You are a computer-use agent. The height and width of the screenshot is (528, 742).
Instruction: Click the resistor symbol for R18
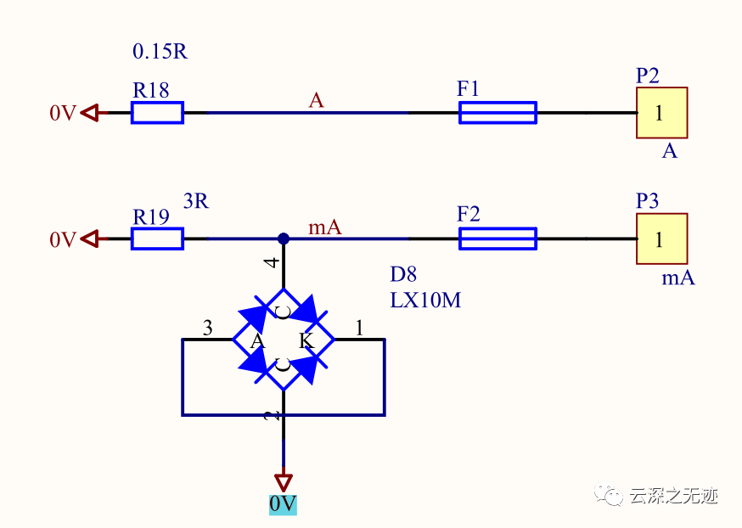(157, 112)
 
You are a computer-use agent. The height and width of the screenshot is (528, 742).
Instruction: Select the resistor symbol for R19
(157, 239)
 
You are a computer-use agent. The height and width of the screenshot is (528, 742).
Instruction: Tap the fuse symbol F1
(497, 112)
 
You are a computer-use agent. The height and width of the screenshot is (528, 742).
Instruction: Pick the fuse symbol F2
(497, 239)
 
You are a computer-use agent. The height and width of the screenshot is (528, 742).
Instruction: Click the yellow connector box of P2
(661, 113)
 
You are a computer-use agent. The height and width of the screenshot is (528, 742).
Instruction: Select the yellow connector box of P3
(661, 239)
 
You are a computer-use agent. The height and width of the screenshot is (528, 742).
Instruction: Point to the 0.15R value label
(160, 52)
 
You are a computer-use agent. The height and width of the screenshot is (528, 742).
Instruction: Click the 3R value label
(196, 202)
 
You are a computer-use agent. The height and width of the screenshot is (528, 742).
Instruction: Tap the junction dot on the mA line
(284, 239)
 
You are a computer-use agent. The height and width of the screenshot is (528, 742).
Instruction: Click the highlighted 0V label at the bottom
(283, 504)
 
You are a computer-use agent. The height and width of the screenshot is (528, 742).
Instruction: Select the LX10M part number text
(425, 300)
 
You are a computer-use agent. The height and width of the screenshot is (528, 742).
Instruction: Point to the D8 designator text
(403, 274)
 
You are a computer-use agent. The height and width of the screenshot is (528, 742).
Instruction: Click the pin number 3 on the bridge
(207, 328)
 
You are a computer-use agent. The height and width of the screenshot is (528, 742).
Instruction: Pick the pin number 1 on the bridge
(359, 328)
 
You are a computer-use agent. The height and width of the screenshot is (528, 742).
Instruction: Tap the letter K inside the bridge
(306, 341)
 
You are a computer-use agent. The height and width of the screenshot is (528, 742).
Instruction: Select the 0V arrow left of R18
(91, 112)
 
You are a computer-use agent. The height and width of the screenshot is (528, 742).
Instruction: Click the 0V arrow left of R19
(91, 239)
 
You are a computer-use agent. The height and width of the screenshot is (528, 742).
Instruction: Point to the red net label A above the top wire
(316, 101)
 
